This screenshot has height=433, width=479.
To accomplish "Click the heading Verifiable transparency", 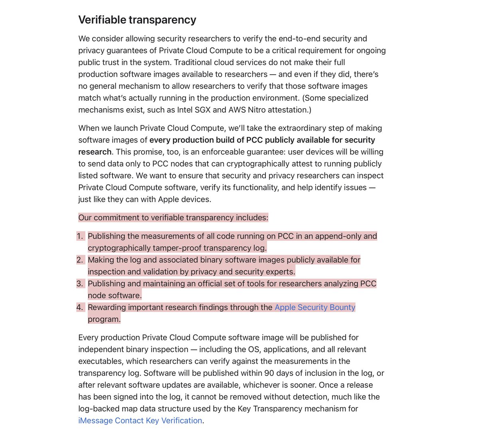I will tap(137, 20).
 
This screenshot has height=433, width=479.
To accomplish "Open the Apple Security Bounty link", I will tap(315, 307).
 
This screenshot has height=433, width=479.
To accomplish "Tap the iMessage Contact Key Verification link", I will tap(140, 421).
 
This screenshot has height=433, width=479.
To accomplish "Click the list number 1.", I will tap(80, 236).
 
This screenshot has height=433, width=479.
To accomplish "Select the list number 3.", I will tap(80, 284).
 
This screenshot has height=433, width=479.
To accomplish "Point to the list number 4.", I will tap(80, 307).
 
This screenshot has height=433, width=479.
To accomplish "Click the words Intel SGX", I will tap(193, 110).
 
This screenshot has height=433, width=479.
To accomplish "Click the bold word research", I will tap(95, 152).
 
